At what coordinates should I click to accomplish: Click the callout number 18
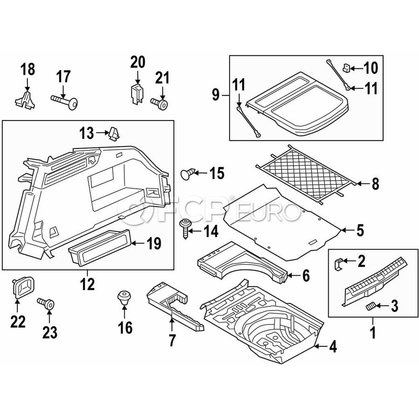(x=27, y=70)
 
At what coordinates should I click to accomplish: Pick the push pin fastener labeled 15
(x=187, y=175)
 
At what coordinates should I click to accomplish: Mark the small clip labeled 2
(x=338, y=264)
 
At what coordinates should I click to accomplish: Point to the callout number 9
(x=216, y=95)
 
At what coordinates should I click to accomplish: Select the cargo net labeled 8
(x=307, y=173)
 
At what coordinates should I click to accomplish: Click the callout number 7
(x=172, y=340)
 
